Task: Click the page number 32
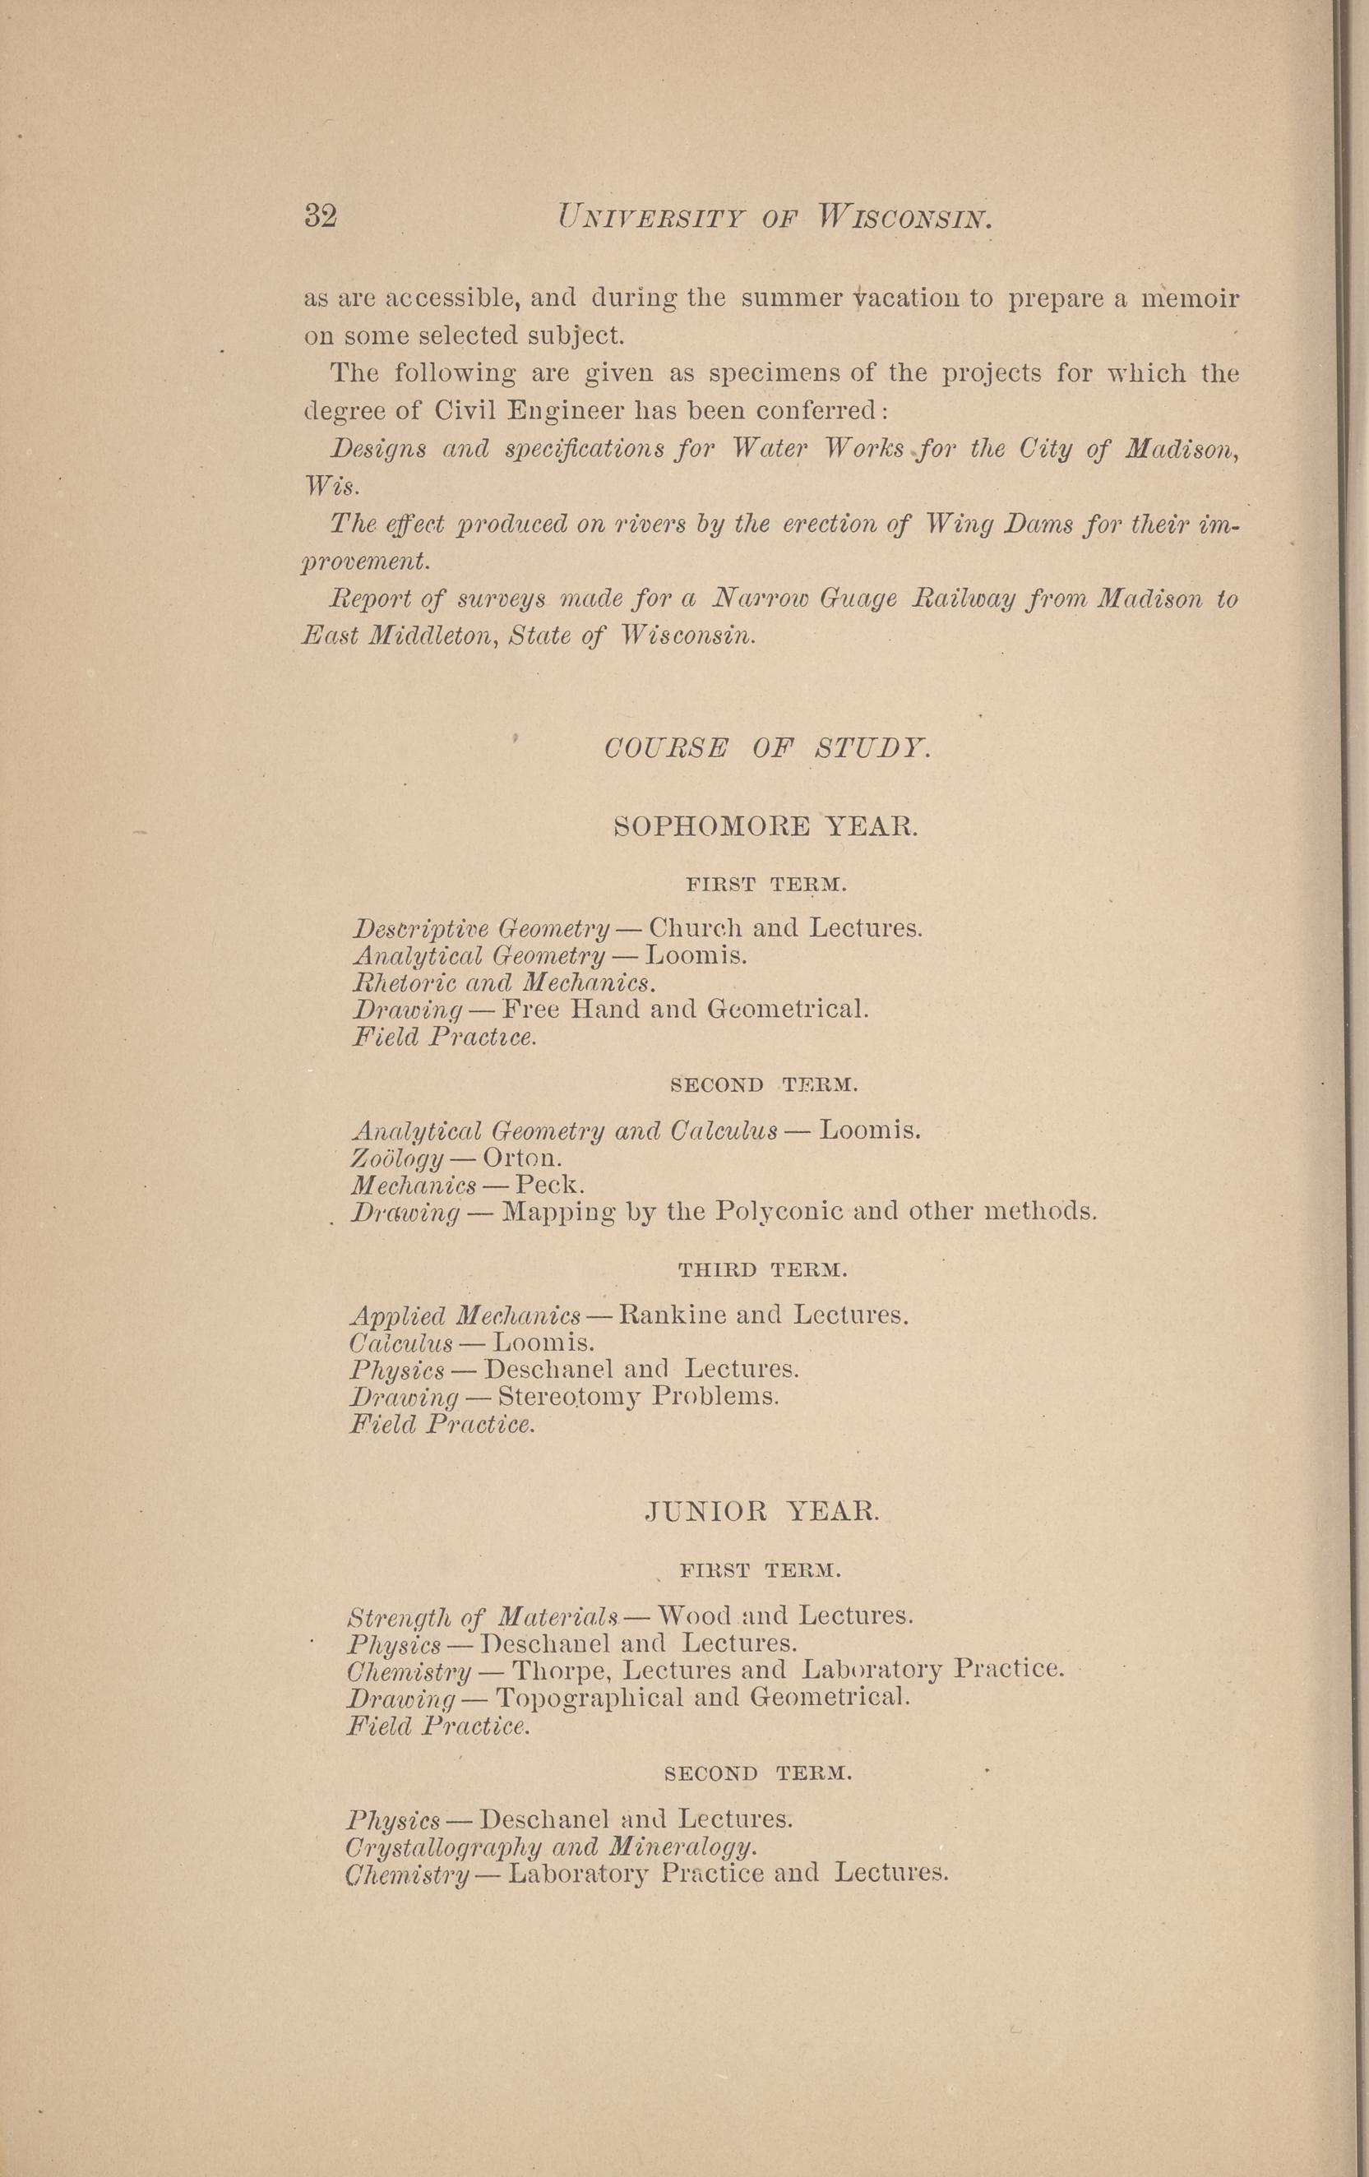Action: tap(320, 217)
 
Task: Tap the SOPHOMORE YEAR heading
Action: tap(765, 826)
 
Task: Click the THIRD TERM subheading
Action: tap(763, 1270)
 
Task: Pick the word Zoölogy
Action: tap(398, 1158)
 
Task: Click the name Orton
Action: tap(523, 1158)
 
